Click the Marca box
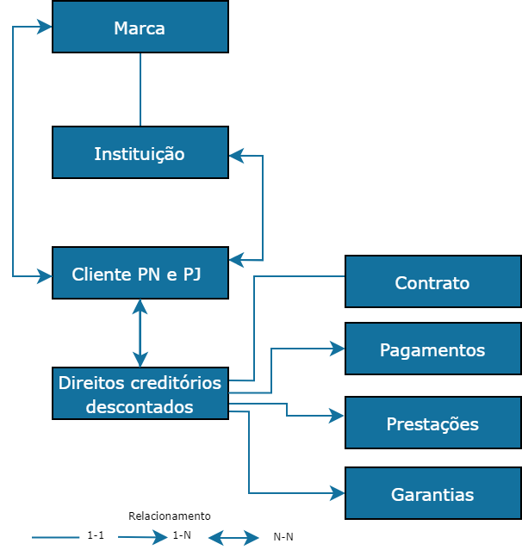tap(140, 27)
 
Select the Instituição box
tap(140, 152)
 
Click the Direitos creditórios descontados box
tap(140, 393)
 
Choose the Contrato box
tap(432, 281)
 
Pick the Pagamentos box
tap(432, 349)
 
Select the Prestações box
tap(432, 423)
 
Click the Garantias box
tap(432, 493)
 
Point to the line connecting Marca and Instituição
tap(140, 90)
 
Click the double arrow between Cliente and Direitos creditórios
tap(140, 333)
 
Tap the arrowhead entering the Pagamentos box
tap(338, 348)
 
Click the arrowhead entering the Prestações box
tap(338, 416)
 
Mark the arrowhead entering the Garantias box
tap(338, 493)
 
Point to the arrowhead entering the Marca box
tap(45, 27)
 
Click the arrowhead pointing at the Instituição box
tap(236, 156)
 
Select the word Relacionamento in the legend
tap(170, 516)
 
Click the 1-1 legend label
tap(96, 535)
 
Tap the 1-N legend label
tap(182, 535)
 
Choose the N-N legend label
tap(283, 537)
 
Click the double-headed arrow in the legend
tap(233, 539)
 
